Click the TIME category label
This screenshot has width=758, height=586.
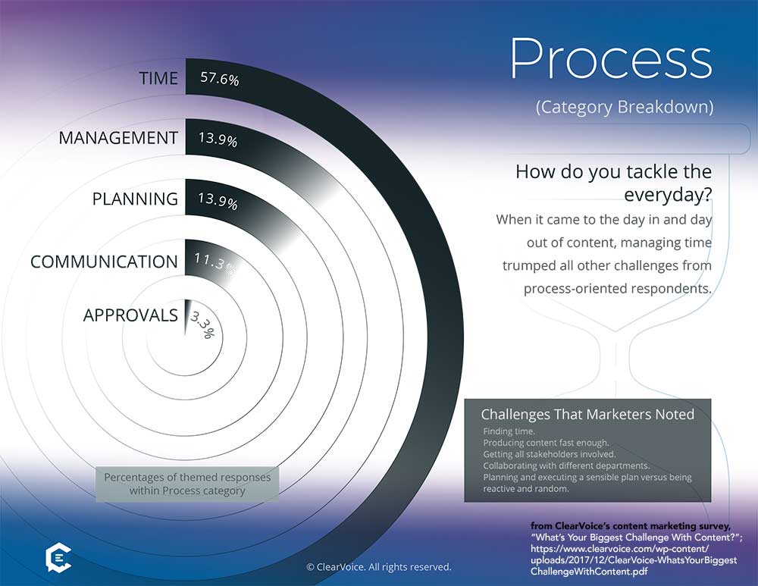[158, 78]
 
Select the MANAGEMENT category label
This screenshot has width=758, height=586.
[118, 138]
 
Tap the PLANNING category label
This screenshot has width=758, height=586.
[136, 199]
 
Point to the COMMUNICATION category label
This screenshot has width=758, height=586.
[105, 262]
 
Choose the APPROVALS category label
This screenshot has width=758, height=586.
[130, 315]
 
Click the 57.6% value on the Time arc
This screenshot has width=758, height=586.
[220, 78]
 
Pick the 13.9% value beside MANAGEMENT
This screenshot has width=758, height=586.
[218, 139]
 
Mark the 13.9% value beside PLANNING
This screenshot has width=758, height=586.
[218, 200]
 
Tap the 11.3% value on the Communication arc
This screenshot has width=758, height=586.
[215, 264]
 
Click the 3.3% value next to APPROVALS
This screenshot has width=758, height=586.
[203, 324]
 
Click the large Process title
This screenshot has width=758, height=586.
[611, 59]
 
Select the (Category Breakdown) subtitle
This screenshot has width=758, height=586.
[624, 107]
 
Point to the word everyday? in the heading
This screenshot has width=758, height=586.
[668, 195]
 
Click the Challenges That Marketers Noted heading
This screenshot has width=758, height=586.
[587, 415]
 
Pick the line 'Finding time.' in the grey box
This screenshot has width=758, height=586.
[509, 431]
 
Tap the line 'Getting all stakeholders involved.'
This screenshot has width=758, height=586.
[549, 455]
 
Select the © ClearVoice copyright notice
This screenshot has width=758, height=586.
[379, 566]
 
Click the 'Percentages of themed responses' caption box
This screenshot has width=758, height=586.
[187, 484]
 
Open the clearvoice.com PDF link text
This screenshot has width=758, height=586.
[634, 560]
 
